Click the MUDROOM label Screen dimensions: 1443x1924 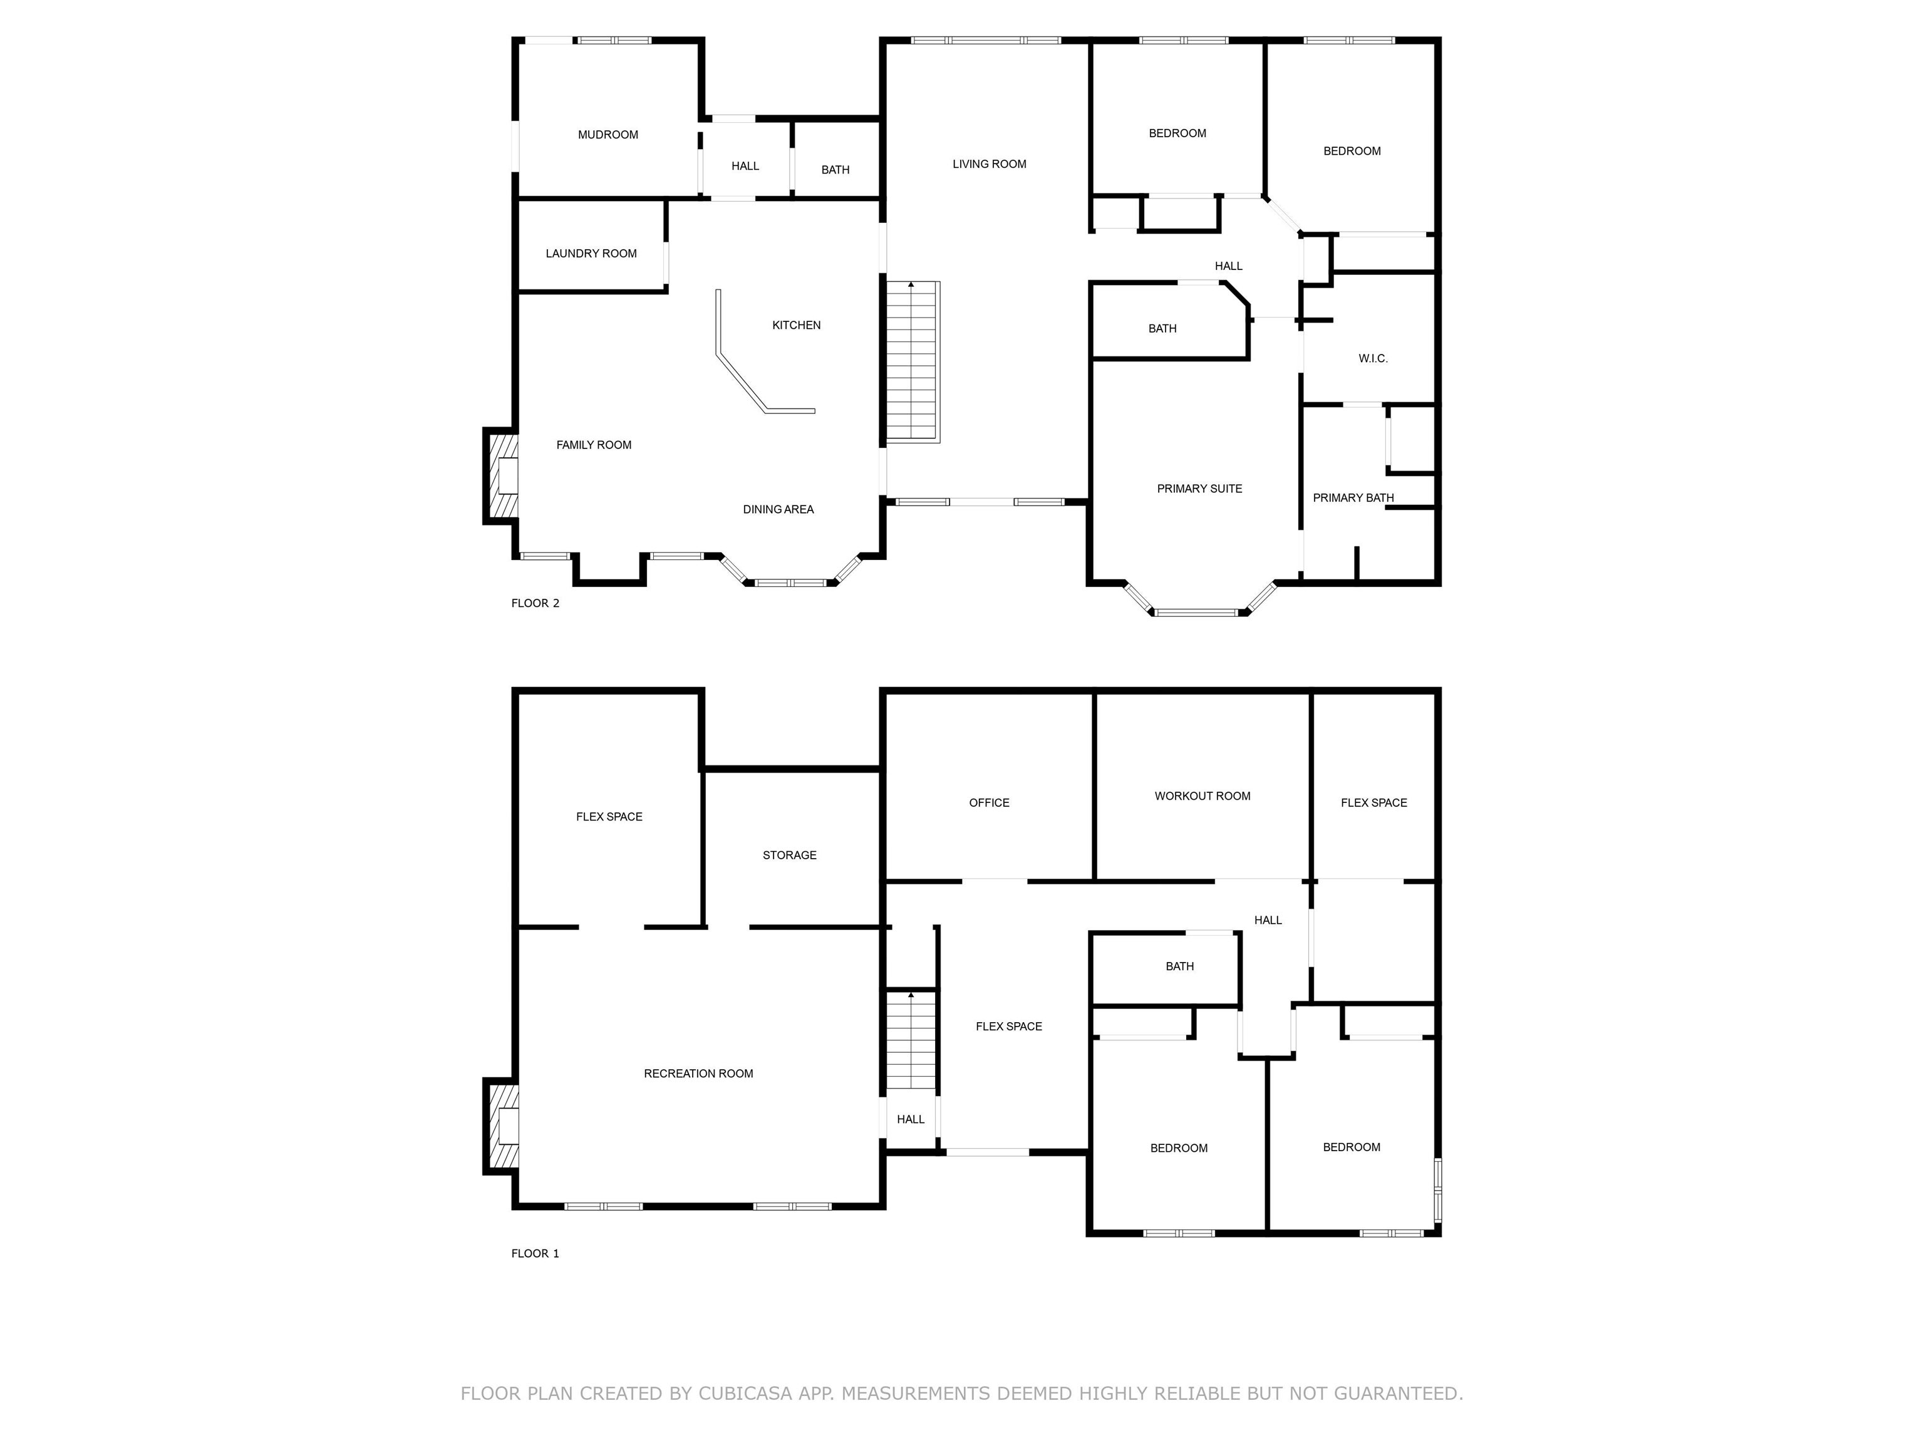608,135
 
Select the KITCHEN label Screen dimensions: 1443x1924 796,325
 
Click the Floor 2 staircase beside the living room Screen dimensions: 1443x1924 913,361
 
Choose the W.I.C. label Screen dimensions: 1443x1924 1373,358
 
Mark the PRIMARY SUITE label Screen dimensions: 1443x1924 1199,489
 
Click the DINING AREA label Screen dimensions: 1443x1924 778,510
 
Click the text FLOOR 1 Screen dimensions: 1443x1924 535,1253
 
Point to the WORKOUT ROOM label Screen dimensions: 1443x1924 1202,796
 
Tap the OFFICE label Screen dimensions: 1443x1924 989,803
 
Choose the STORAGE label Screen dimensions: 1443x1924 789,855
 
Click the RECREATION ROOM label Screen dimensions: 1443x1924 698,1073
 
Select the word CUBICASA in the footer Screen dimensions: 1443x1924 745,1394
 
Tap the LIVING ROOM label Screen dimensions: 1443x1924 989,164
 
